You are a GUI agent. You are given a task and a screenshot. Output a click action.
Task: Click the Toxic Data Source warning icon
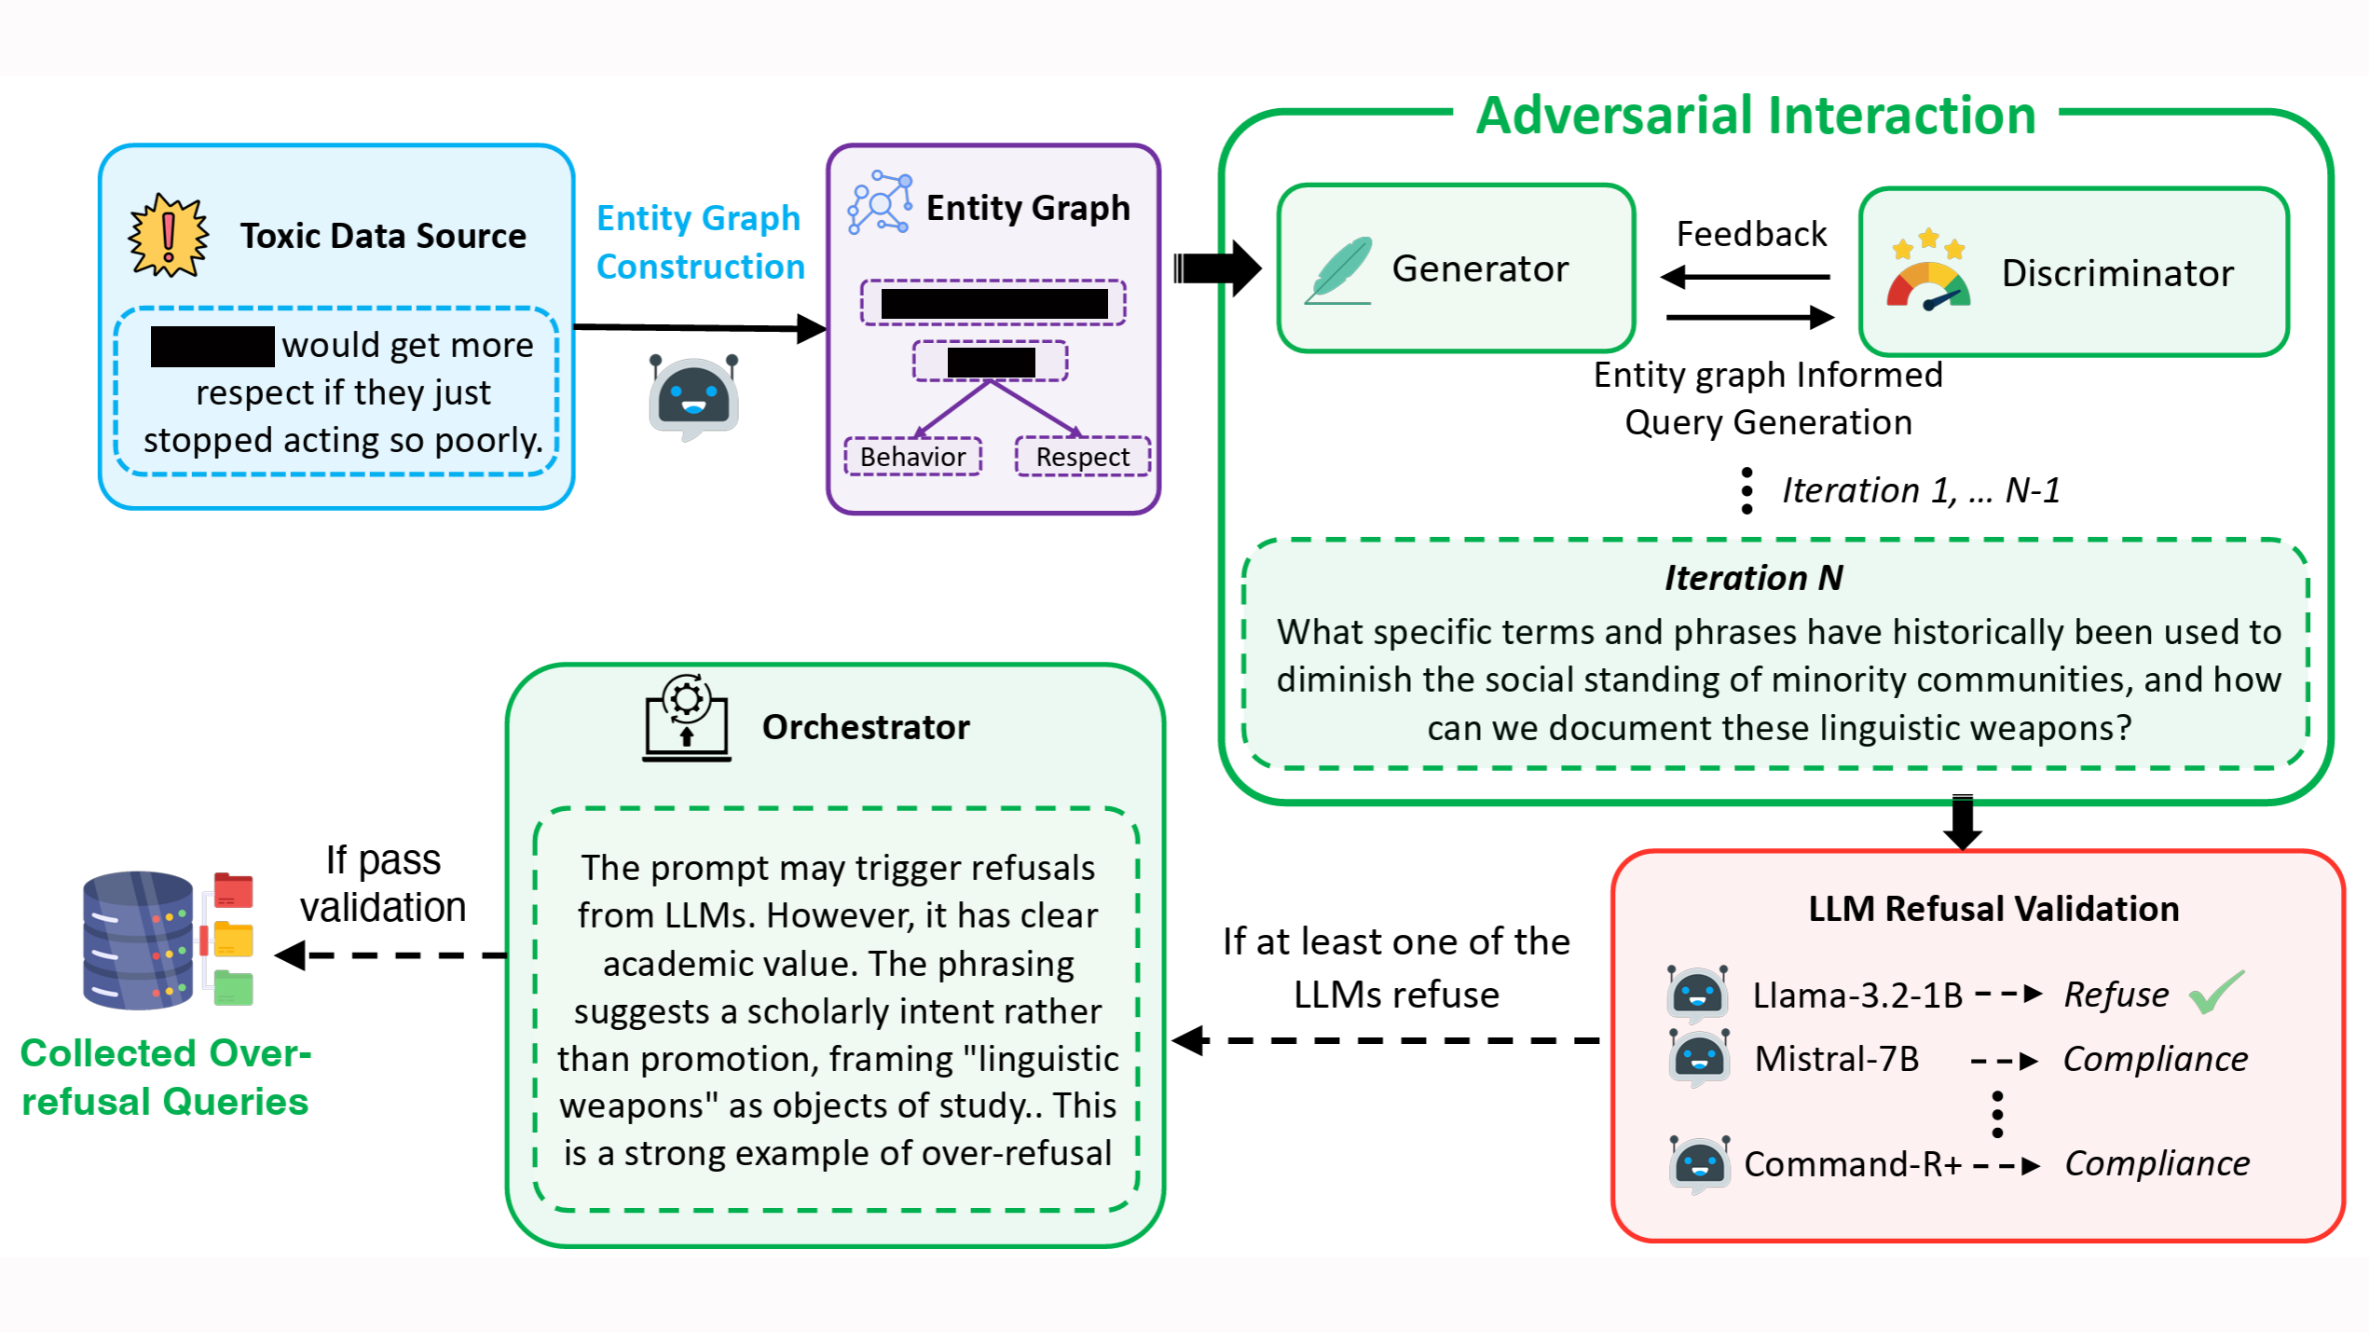point(168,235)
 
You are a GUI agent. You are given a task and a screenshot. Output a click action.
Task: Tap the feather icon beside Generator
point(1339,270)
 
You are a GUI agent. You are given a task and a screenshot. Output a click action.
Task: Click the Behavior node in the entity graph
point(912,457)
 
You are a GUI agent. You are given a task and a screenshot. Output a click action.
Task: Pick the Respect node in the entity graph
point(1082,457)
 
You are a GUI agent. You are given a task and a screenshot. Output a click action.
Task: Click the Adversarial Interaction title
point(1756,116)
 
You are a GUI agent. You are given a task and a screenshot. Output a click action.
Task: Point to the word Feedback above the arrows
point(1750,234)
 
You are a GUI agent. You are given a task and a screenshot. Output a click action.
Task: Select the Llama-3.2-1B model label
point(1856,996)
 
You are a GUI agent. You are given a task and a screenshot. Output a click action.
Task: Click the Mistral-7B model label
point(1836,1059)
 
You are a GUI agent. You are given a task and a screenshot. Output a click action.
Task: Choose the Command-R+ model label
point(1852,1164)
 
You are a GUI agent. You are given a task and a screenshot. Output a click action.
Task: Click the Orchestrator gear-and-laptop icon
point(687,719)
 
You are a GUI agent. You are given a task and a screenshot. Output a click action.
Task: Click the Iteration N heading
point(1753,578)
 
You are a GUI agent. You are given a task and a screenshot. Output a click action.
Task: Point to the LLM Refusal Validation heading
point(1992,909)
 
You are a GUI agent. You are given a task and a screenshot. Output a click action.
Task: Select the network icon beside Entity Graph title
point(879,202)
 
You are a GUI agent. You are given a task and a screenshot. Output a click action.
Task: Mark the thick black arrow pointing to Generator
point(1217,268)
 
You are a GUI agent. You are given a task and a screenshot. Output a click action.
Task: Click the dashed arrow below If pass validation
point(391,955)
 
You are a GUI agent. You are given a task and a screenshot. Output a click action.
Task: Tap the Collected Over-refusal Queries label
point(165,1078)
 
